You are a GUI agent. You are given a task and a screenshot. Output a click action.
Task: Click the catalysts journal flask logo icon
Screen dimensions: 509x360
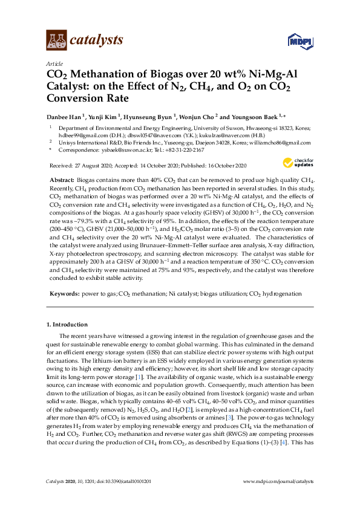pos(56,41)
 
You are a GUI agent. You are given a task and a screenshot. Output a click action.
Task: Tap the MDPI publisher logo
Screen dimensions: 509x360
pos(299,41)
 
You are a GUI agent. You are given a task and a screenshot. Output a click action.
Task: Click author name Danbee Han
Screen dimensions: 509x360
pos(65,116)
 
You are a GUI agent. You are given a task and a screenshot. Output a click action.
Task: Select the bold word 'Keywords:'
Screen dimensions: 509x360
pos(64,293)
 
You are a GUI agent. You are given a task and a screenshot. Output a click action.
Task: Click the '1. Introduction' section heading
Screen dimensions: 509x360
pos(69,325)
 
